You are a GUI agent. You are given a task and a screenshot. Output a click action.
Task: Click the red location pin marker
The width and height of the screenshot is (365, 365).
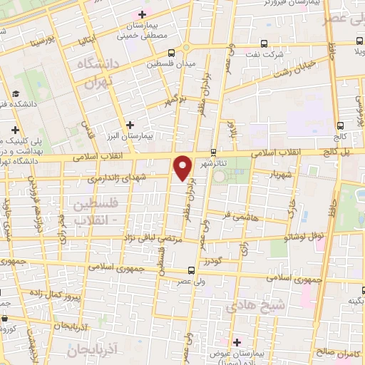click(x=184, y=167)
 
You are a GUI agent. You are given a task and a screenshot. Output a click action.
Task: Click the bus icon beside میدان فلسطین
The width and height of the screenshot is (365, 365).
click(x=171, y=53)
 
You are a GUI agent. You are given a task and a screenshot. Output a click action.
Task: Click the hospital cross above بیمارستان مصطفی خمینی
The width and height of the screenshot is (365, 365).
click(x=142, y=14)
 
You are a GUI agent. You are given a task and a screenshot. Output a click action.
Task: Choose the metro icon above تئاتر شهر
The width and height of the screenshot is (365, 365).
click(x=213, y=151)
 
